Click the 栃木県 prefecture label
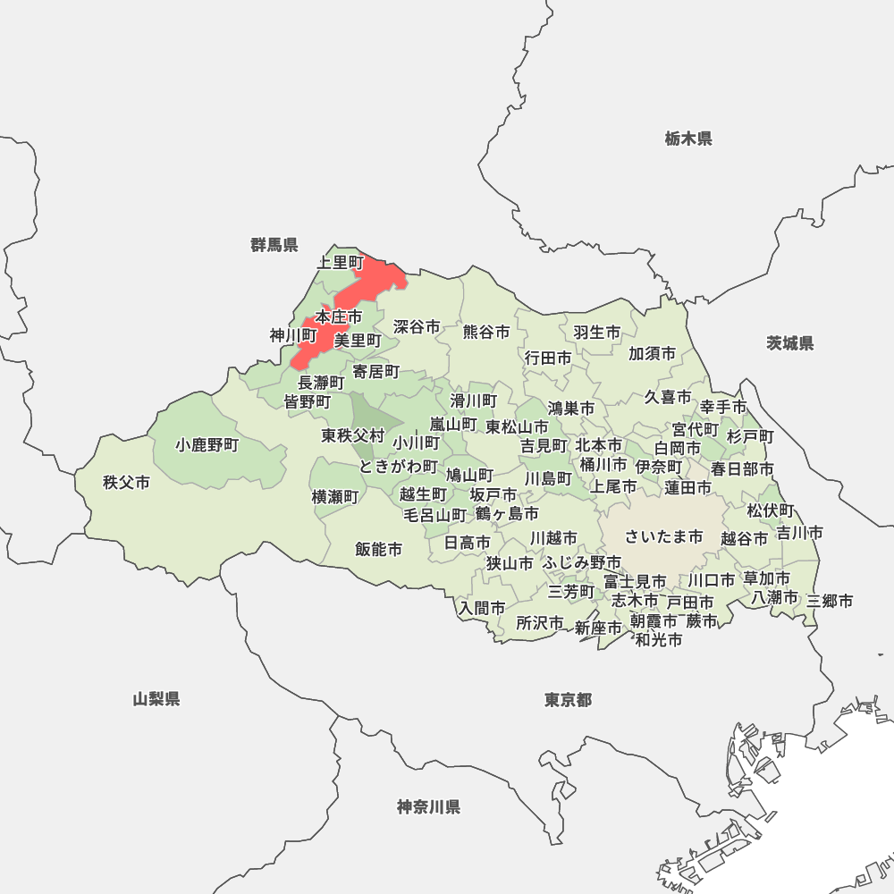[688, 139]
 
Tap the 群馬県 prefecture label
[274, 245]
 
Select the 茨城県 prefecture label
[790, 343]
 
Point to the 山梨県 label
[156, 699]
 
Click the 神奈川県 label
[429, 807]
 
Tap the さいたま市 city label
[664, 536]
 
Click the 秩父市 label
[126, 483]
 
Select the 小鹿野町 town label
[207, 444]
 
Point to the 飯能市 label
[378, 549]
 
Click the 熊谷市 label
[486, 332]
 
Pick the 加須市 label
[652, 353]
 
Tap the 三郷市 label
[830, 601]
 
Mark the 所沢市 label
[540, 623]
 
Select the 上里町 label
[341, 263]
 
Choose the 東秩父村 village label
[353, 435]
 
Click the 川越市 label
[553, 538]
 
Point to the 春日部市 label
[742, 468]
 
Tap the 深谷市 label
[417, 327]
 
